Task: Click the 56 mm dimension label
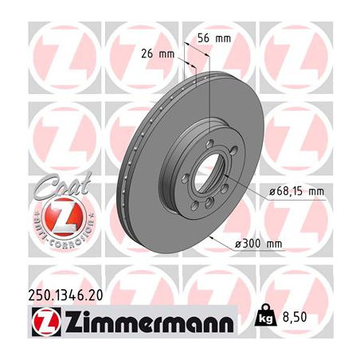214,39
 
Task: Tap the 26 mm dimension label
158,54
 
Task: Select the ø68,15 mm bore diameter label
296,191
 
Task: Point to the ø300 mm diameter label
258,244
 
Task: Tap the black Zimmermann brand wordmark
149,321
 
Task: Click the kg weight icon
265,315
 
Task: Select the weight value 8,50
295,317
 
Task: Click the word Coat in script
63,185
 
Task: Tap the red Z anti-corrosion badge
65,216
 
